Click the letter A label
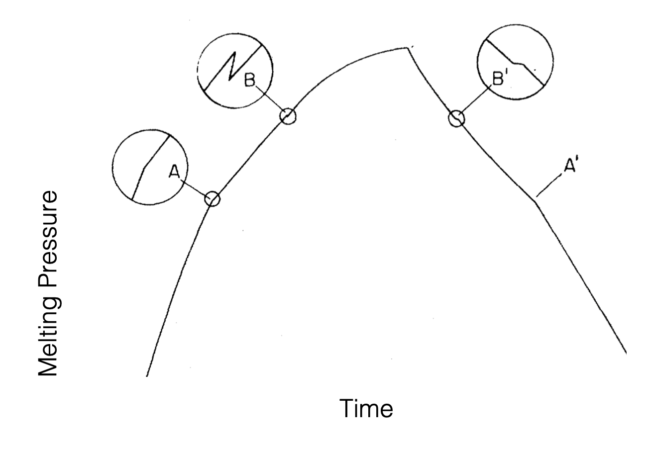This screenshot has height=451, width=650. click(174, 172)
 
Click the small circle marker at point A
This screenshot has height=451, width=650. click(212, 198)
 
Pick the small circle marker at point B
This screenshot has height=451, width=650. click(288, 116)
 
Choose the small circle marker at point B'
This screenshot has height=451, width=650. click(456, 118)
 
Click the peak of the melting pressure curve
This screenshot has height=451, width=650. click(408, 48)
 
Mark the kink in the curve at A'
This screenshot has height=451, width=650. click(536, 201)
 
